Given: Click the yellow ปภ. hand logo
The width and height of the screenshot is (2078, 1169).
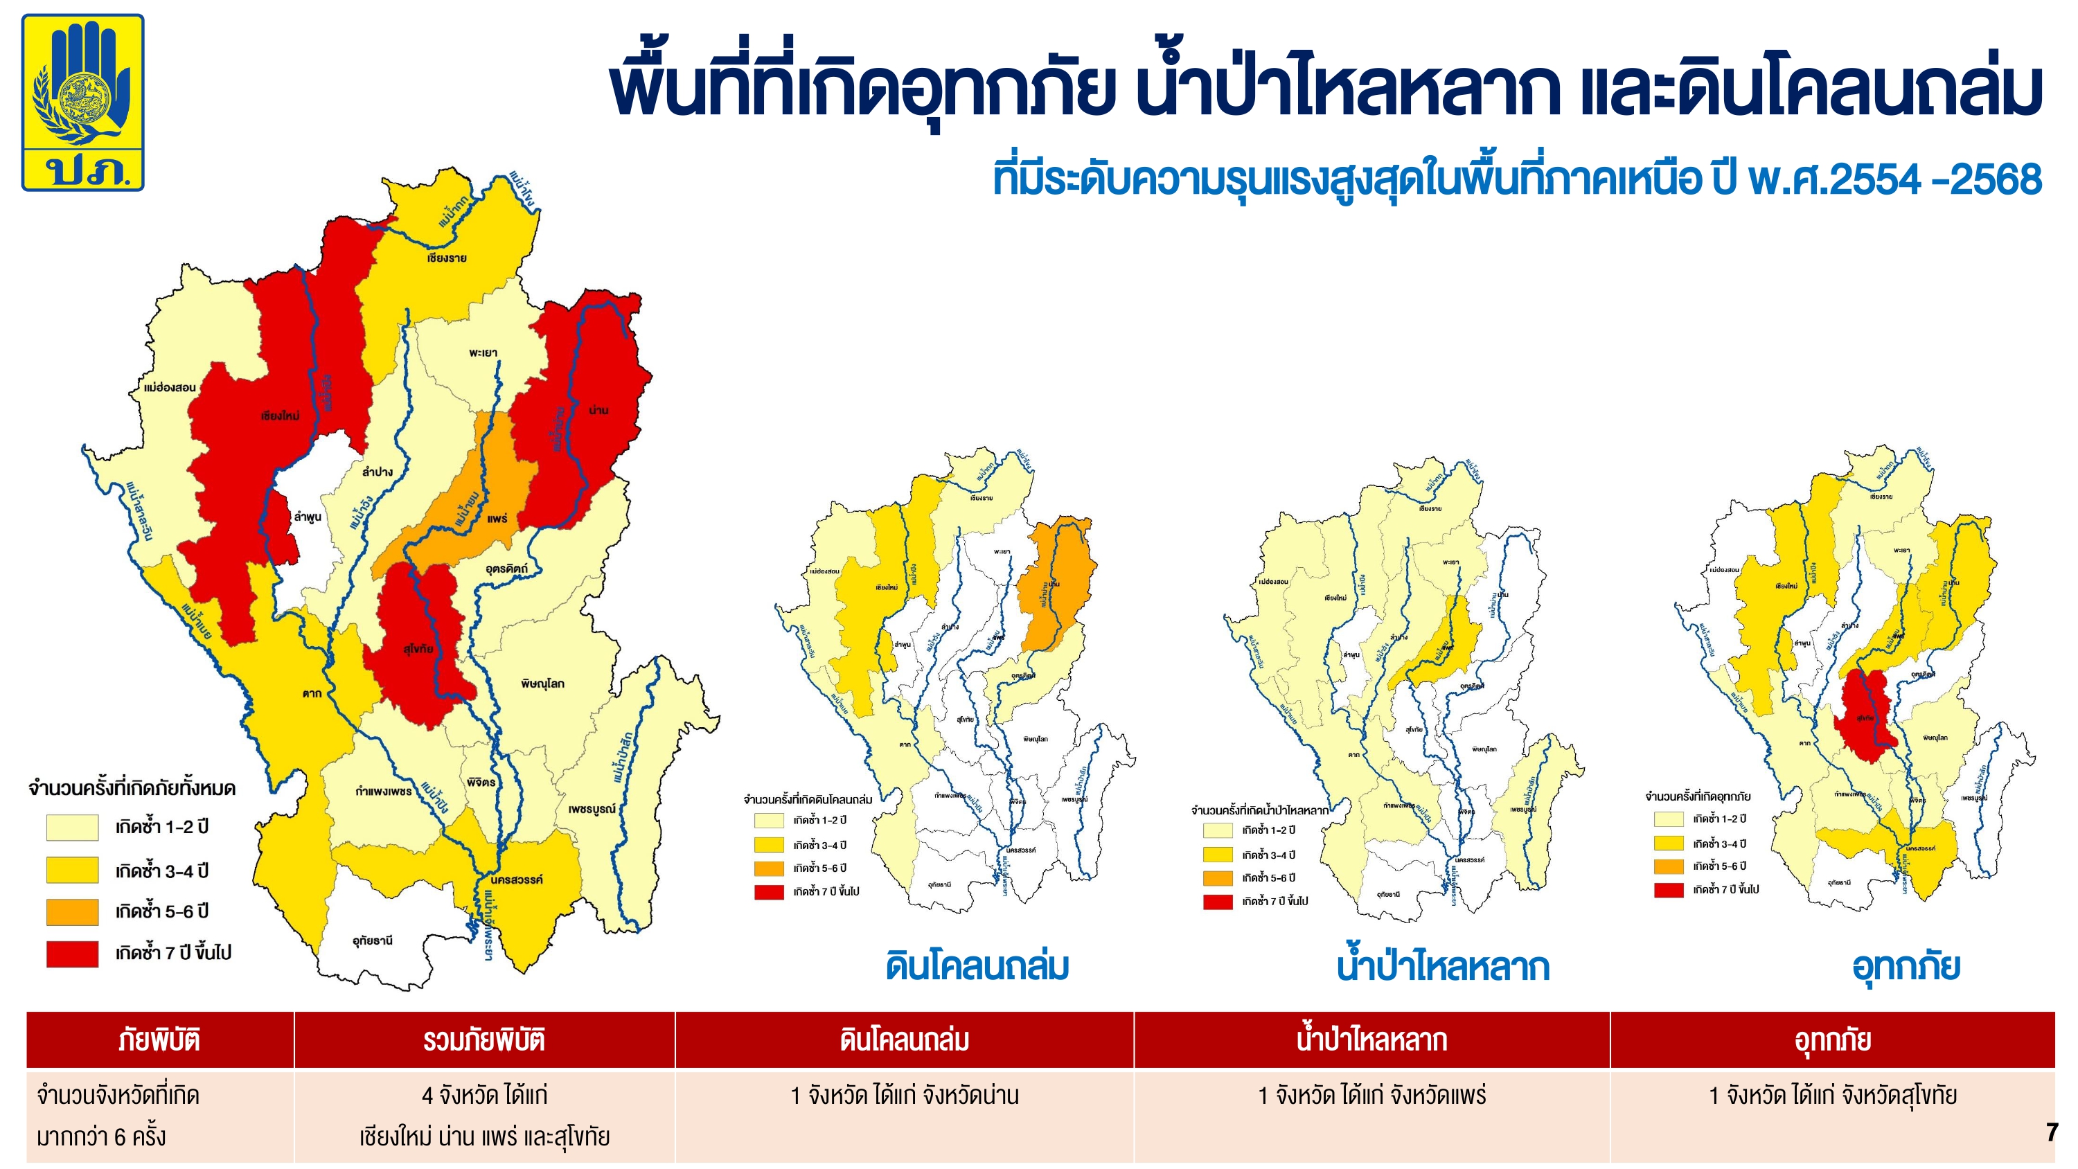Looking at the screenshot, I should tap(82, 102).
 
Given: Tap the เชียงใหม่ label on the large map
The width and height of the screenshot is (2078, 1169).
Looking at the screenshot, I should tap(280, 416).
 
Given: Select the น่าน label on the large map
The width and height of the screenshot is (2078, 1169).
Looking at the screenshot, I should tap(598, 411).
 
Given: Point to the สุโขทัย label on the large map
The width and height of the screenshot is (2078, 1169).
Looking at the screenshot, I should tap(418, 649).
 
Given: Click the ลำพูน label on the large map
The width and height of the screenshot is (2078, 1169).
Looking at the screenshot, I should tap(308, 517).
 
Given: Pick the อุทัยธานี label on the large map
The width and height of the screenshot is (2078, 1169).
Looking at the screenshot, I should tap(373, 940).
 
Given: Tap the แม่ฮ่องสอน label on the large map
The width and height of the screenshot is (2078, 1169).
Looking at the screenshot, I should tap(170, 388).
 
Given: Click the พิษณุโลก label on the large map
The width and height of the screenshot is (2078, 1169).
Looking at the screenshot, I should tap(542, 684).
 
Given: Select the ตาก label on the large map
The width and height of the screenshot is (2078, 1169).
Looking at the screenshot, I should tap(312, 693).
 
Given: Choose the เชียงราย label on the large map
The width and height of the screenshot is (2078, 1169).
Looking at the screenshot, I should tap(446, 258).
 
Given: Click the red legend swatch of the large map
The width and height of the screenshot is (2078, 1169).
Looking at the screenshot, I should tap(73, 954).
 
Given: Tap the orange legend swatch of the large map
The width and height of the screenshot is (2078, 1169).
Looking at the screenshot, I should tap(73, 911).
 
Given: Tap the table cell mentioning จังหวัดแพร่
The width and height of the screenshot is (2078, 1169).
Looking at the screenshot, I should tap(1371, 1096).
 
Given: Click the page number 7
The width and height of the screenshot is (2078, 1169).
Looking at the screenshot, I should tap(2052, 1133).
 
